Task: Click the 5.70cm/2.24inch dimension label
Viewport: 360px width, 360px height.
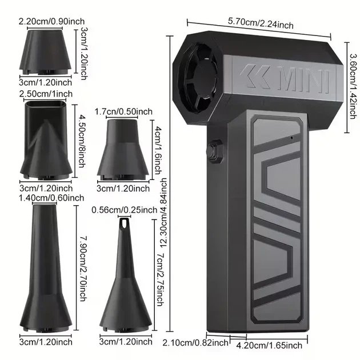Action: (x=261, y=23)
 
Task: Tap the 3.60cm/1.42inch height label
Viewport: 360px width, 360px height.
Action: (x=354, y=86)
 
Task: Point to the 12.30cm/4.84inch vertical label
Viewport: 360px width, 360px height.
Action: (x=163, y=214)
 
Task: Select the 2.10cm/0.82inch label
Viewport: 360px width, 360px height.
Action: (x=195, y=343)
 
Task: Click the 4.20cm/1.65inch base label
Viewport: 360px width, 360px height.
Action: (x=269, y=346)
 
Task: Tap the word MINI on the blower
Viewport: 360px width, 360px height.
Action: (x=303, y=79)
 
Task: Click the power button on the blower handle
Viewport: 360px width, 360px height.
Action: (x=215, y=151)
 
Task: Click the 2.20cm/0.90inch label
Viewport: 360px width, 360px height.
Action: (x=51, y=22)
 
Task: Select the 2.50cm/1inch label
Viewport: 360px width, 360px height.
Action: (x=46, y=94)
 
